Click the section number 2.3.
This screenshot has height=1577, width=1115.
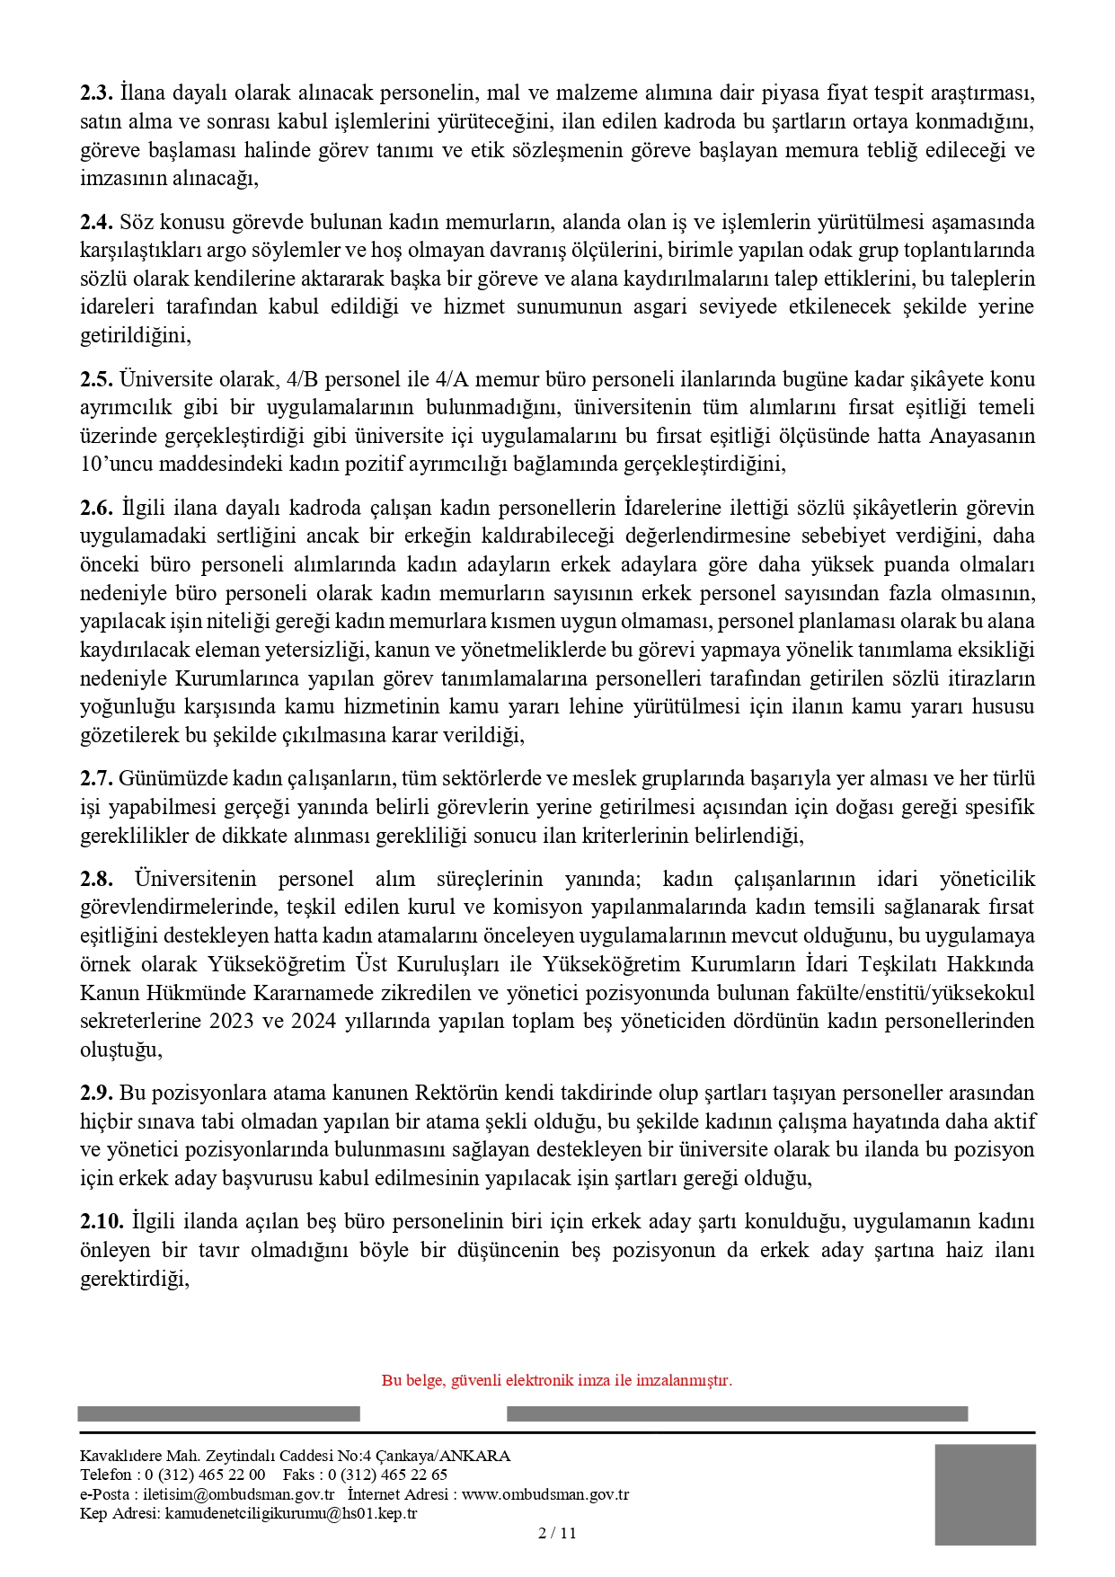click(x=96, y=93)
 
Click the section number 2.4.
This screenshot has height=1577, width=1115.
click(x=96, y=222)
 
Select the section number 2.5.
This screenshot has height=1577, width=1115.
click(x=96, y=379)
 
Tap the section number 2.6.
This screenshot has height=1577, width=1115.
click(x=96, y=508)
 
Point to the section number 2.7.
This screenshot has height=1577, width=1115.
click(x=96, y=778)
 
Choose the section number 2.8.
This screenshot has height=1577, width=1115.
click(x=96, y=879)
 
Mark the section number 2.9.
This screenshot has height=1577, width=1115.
click(x=96, y=1093)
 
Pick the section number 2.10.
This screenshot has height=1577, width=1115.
click(x=101, y=1222)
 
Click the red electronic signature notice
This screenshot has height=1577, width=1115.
click(x=557, y=1380)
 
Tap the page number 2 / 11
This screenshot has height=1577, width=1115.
click(x=557, y=1533)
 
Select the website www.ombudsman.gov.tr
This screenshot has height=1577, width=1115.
click(x=545, y=1494)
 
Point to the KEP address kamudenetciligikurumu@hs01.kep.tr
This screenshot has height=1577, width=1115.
click(x=291, y=1513)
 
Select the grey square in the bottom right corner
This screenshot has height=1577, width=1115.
click(x=985, y=1494)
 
